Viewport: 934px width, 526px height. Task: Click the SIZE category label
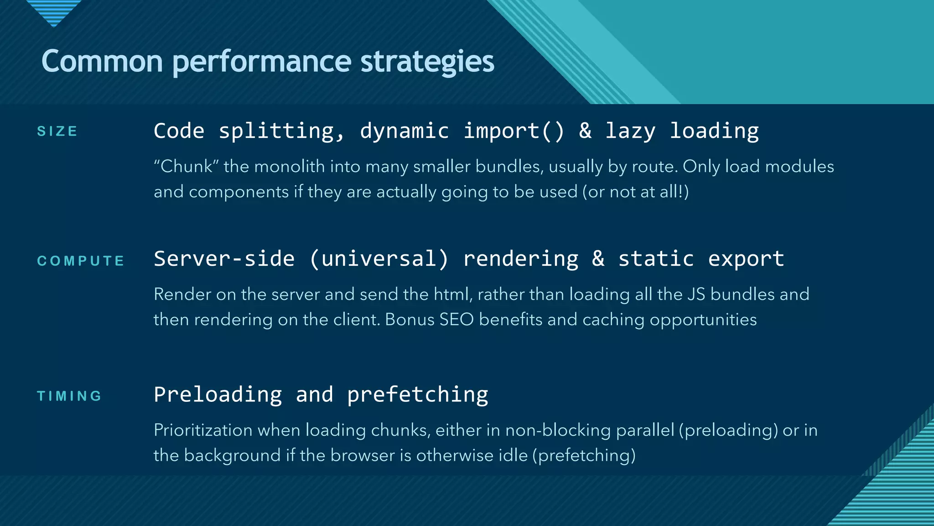coord(57,131)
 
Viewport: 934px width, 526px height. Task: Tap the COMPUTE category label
coord(81,261)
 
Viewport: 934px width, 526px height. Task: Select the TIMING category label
coord(69,396)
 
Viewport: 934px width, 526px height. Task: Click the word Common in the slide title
coord(102,62)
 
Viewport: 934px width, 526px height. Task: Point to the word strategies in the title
coord(427,62)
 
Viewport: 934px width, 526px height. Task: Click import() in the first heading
coord(514,131)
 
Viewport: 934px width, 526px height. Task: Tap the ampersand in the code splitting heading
coord(585,131)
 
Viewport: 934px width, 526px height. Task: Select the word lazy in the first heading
coord(630,131)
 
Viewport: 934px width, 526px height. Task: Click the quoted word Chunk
coord(186,166)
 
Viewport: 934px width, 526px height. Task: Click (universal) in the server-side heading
coord(379,259)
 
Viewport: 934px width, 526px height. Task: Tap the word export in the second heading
coord(746,259)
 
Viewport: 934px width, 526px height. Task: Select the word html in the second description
coord(452,295)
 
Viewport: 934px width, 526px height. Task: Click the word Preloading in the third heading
coord(218,394)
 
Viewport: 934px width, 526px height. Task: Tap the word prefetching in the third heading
coord(417,394)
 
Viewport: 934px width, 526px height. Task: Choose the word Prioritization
coord(203,431)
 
